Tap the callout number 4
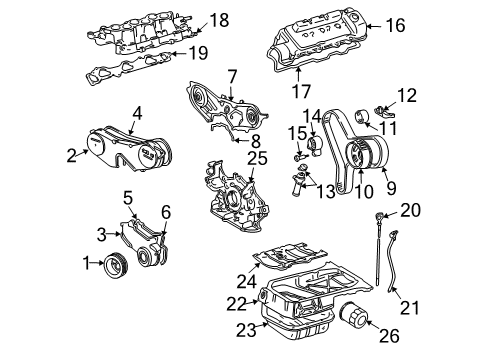pos(137,113)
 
